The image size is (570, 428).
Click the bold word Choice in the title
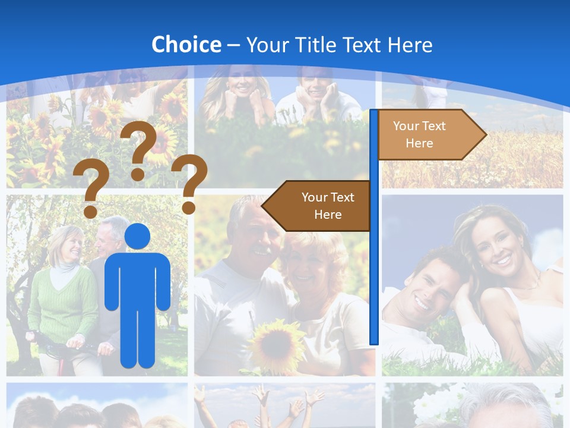pyautogui.click(x=186, y=45)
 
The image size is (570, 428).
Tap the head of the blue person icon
pyautogui.click(x=137, y=236)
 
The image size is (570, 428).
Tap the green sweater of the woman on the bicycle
pyautogui.click(x=62, y=303)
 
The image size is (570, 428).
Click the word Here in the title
pyautogui.click(x=410, y=45)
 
